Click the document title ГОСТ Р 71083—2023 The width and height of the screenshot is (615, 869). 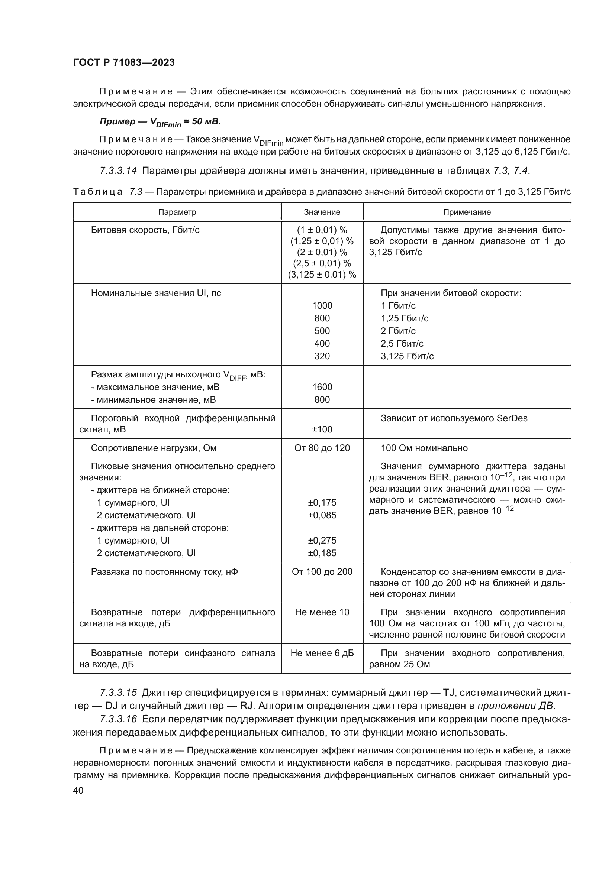point(124,63)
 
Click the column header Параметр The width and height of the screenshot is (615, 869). point(177,212)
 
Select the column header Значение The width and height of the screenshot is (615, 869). point(322,212)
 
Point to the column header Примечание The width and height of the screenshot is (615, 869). point(467,212)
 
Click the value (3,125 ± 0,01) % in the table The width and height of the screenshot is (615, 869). point(322,275)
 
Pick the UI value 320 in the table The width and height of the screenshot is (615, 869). point(322,356)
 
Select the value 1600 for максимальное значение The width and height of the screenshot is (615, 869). point(322,387)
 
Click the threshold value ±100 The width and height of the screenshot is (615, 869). point(322,429)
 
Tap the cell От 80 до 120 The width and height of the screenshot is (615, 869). point(322,448)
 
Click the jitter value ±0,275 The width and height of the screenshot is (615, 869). point(322,540)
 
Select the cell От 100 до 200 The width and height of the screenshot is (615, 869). point(322,571)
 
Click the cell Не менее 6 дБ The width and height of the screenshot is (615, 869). point(322,653)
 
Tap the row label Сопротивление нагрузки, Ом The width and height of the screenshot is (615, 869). point(153,448)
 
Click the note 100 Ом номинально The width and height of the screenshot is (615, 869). point(424,448)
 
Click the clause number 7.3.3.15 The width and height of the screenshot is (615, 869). point(118,693)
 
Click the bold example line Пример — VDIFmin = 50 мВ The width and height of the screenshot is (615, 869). point(160,122)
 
